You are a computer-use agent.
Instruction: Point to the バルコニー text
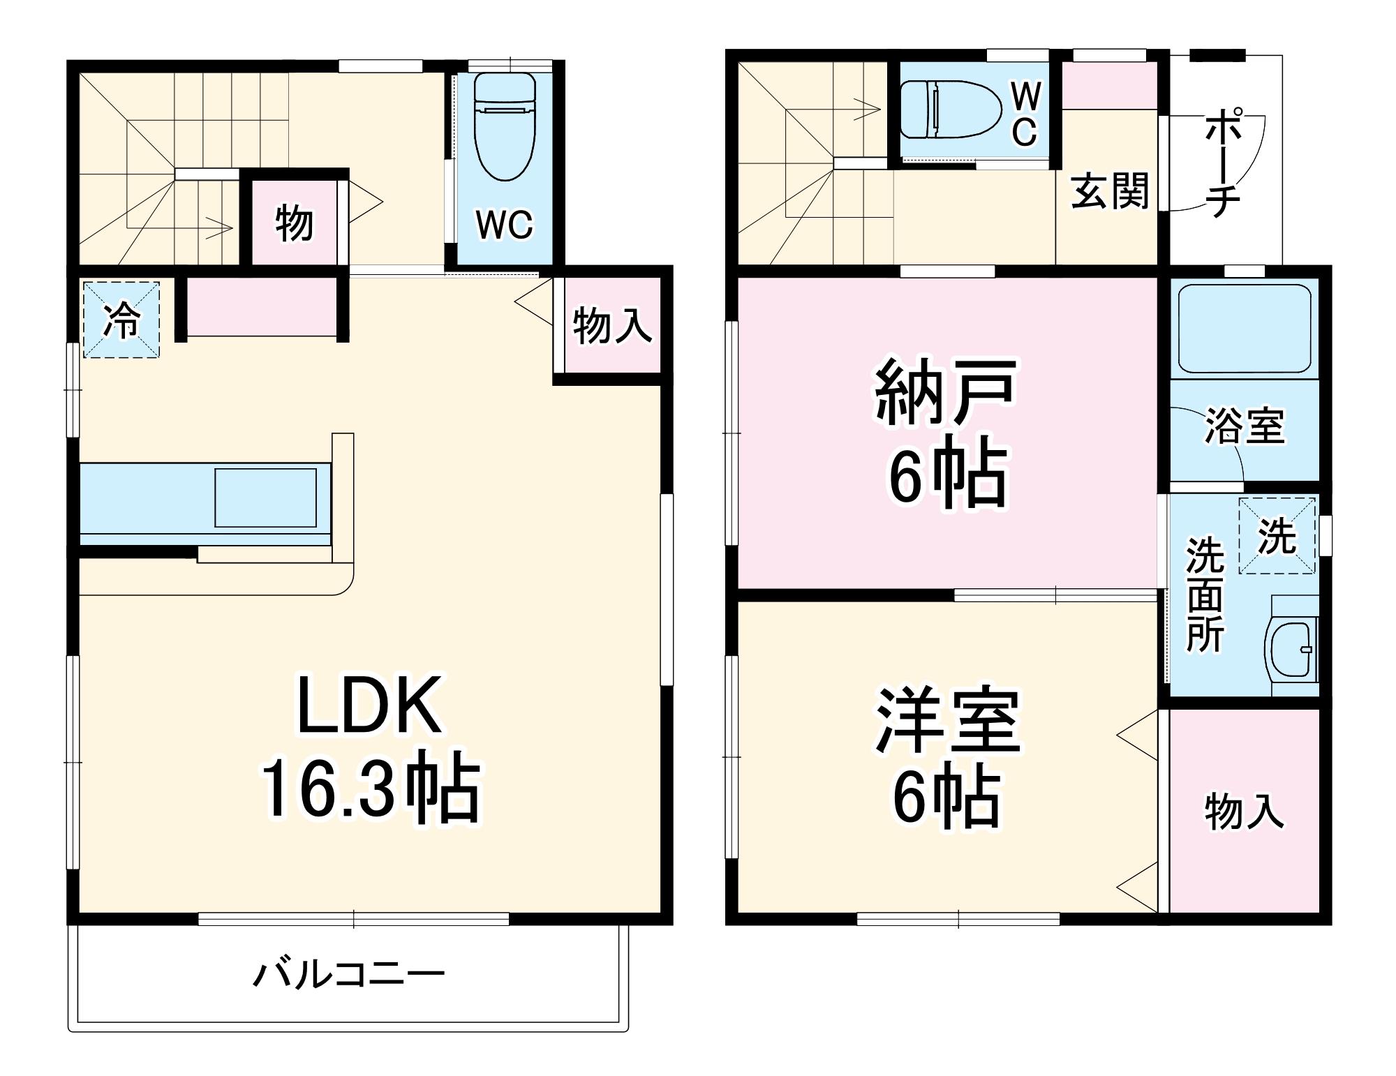pyautogui.click(x=348, y=975)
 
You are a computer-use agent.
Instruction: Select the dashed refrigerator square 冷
pyautogui.click(x=121, y=320)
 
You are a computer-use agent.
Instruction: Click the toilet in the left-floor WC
pyautogui.click(x=504, y=126)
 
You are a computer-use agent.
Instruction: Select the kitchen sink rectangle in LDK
pyautogui.click(x=265, y=498)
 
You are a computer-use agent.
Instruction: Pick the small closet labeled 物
pyautogui.click(x=293, y=223)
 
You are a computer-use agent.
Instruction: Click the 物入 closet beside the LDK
pyautogui.click(x=612, y=325)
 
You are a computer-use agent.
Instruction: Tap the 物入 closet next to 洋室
pyautogui.click(x=1245, y=811)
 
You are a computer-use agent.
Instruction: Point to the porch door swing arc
pyautogui.click(x=1249, y=174)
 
